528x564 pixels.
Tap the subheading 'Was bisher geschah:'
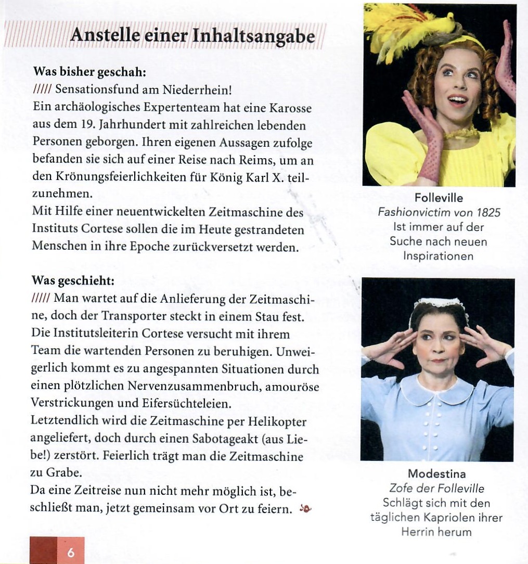[89, 70]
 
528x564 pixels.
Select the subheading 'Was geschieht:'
[73, 280]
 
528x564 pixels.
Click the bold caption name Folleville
[439, 198]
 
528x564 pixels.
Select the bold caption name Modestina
[436, 474]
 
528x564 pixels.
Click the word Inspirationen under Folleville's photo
[438, 256]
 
